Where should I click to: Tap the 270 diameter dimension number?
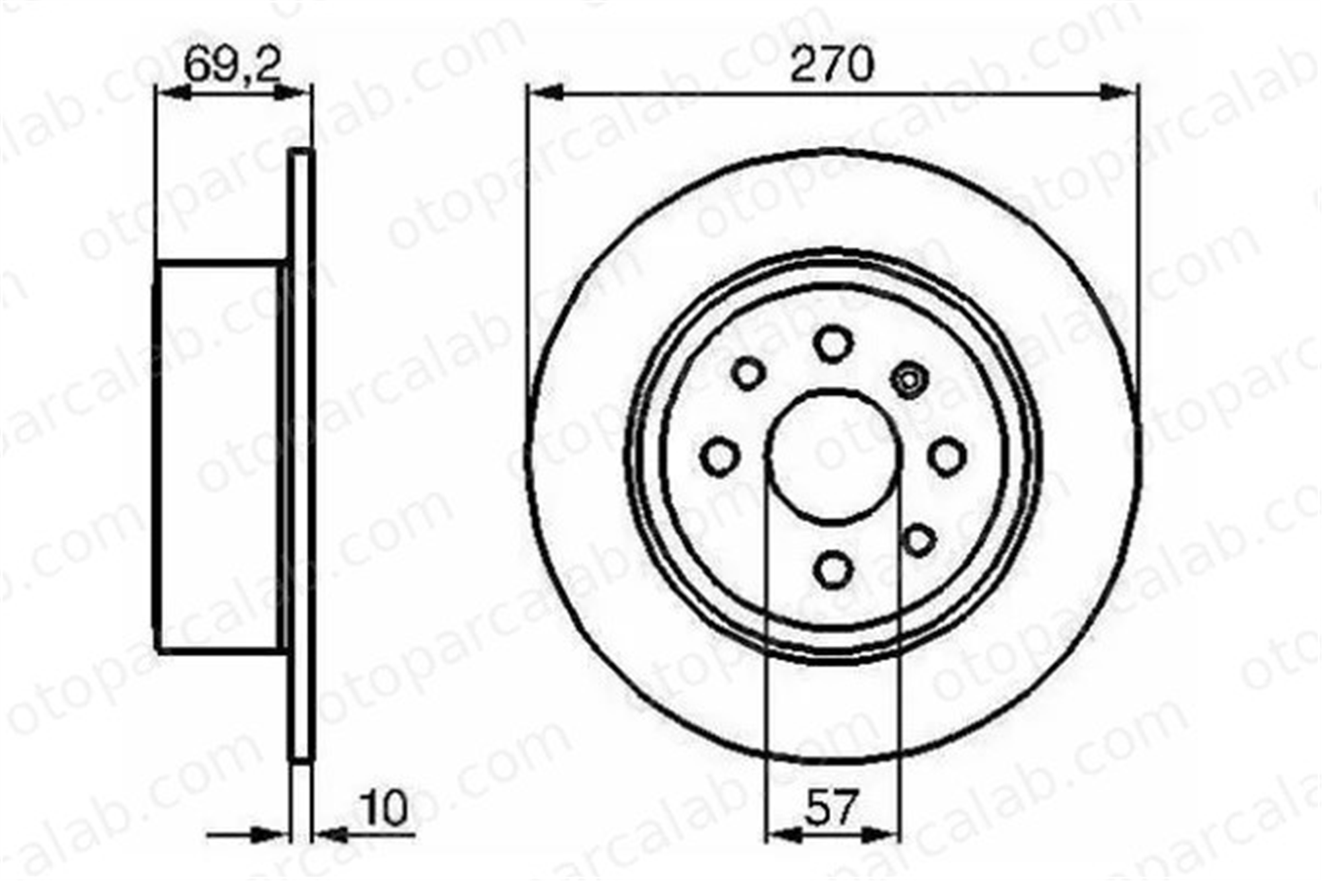[x=832, y=64]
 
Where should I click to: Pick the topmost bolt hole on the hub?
[x=832, y=344]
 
